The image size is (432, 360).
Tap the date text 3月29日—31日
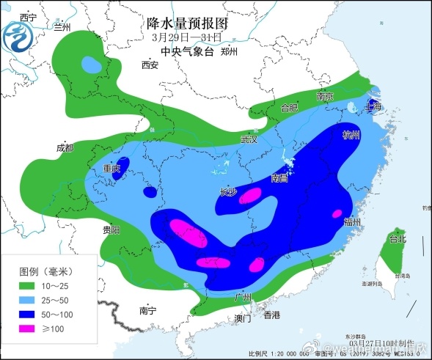click(x=186, y=37)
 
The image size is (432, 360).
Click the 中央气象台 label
click(x=186, y=52)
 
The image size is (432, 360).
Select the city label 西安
click(x=150, y=65)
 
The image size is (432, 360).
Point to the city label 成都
click(x=65, y=147)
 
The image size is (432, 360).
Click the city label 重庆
click(x=111, y=169)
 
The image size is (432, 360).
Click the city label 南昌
click(x=279, y=178)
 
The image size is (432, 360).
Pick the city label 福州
click(x=352, y=222)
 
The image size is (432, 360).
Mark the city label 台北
click(x=397, y=240)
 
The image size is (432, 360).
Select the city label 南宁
click(x=147, y=311)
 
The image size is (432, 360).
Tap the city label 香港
click(x=272, y=315)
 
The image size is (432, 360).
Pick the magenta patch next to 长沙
click(x=251, y=195)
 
